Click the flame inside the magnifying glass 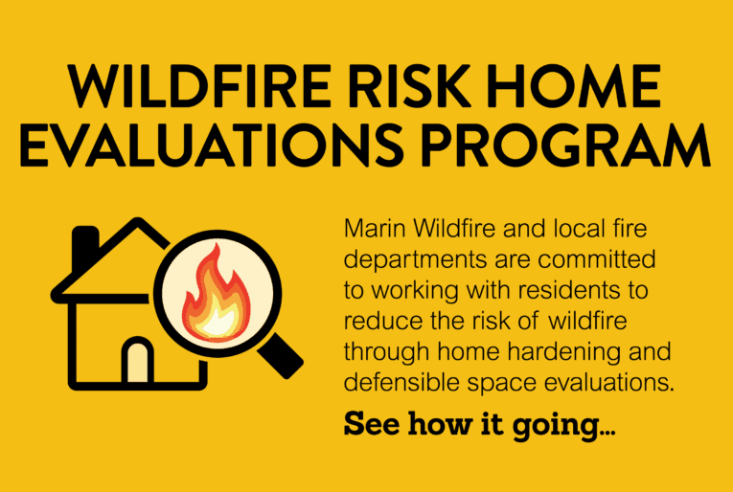tap(219, 290)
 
